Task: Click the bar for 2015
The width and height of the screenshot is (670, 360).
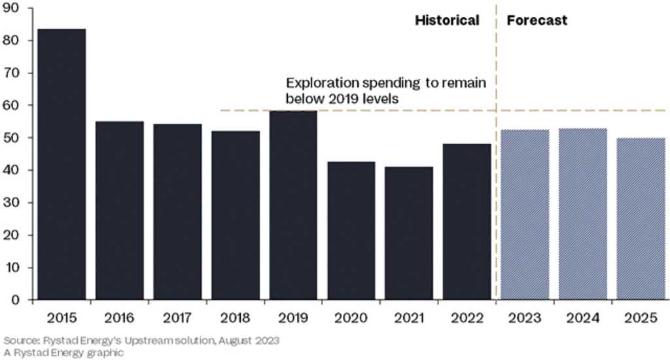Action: pos(62,164)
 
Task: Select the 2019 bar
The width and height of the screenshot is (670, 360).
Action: pos(293,206)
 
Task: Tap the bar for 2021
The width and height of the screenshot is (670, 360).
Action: pos(409,233)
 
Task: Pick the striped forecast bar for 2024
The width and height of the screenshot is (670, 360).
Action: pos(583,214)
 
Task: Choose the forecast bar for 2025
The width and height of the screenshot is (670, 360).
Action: pos(641,219)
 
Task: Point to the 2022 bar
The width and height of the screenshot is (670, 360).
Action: pos(467,221)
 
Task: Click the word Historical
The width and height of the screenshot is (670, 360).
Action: pos(448,20)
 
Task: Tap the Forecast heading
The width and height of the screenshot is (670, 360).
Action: pos(537,20)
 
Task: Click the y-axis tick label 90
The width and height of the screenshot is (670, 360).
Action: pos(12,8)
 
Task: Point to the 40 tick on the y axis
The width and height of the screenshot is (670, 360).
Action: pos(12,170)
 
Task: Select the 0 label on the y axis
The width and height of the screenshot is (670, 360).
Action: pos(16,300)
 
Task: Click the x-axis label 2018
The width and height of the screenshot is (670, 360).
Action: pos(235,317)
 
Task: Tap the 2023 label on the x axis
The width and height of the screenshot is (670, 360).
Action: pos(525,317)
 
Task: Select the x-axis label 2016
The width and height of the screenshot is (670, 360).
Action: pos(119,317)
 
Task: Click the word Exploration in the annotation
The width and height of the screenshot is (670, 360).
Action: pos(322,83)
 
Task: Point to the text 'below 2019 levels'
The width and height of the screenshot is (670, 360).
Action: pos(342,99)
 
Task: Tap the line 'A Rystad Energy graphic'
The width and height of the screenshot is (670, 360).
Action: pos(63,353)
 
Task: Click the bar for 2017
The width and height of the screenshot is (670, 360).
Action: pos(177,211)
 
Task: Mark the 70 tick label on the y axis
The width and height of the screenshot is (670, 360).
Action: pos(12,73)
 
